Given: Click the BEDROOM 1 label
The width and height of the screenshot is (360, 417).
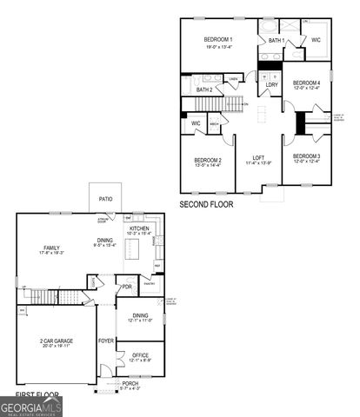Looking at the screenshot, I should pos(218,41).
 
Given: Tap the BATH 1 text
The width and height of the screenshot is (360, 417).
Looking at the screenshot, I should pos(277,40).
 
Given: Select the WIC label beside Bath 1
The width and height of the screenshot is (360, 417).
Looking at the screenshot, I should pos(316,40).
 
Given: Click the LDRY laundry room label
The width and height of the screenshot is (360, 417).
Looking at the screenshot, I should pos(271,84).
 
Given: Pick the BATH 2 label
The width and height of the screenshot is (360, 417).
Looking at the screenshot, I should pos(204,89).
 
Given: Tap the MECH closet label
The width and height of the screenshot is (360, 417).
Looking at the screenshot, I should pos(214,124).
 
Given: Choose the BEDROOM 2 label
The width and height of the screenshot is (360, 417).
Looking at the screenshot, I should pos(209,160).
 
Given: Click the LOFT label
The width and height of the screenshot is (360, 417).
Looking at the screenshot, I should pos(258,157).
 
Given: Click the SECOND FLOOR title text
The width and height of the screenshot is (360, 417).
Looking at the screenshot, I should pos(206,204).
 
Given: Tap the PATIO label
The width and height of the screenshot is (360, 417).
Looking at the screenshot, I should pos(105,199).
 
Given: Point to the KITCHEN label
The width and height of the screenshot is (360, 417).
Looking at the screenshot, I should pos(140,228).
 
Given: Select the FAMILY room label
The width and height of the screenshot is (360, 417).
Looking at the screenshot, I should pos(51,248).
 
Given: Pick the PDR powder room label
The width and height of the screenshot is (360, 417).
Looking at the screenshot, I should pos(127,287).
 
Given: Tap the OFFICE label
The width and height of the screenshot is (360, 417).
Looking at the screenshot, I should pos(140,354).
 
